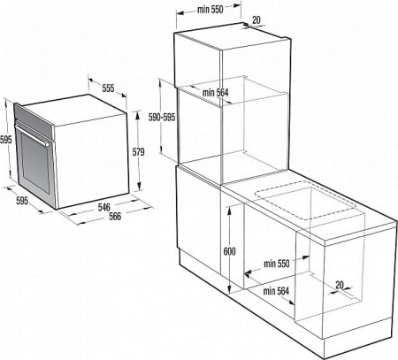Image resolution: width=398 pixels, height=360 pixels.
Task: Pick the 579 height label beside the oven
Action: click(x=137, y=152)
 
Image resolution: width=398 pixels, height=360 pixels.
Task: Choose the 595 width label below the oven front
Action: click(x=22, y=202)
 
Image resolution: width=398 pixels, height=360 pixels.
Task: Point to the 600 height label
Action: click(x=229, y=251)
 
